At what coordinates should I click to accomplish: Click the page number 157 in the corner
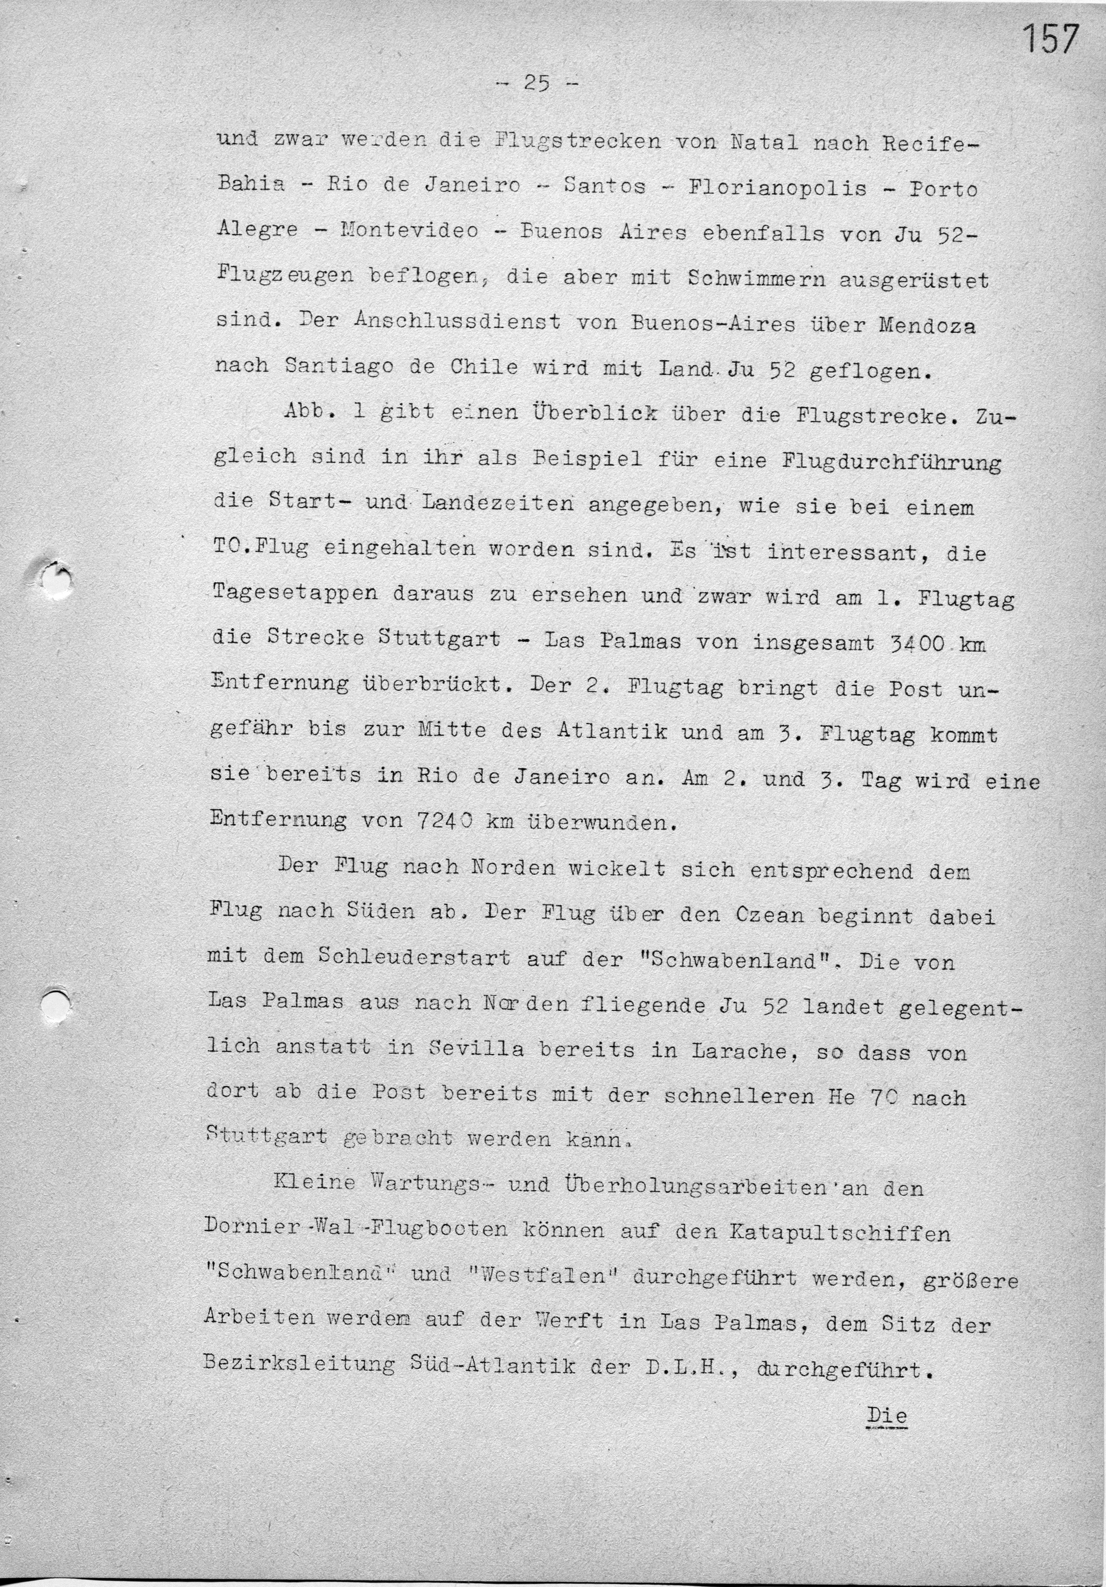(1050, 39)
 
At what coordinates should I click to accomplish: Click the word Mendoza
(927, 324)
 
